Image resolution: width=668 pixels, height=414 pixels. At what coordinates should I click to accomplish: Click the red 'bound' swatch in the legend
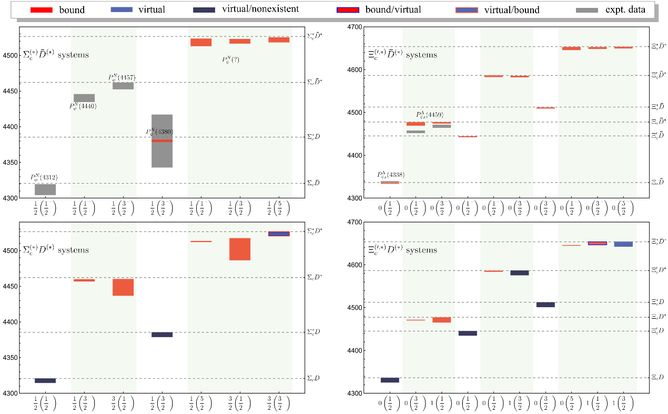pos(42,9)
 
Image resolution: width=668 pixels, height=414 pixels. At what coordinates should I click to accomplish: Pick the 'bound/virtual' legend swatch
pos(351,9)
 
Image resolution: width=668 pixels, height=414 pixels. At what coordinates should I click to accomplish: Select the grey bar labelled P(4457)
pos(123,86)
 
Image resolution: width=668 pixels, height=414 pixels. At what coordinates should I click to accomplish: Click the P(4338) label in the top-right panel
pos(390,175)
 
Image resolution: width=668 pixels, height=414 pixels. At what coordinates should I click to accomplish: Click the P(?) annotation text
pos(230,60)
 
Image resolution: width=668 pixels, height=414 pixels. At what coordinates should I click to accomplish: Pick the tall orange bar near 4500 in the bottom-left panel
pos(240,249)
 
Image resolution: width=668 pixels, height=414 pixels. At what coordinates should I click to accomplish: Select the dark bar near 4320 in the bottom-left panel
pos(45,380)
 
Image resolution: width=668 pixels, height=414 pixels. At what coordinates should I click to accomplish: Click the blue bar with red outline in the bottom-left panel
pos(279,234)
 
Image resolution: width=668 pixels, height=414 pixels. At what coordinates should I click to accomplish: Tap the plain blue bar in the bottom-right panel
pos(623,244)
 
